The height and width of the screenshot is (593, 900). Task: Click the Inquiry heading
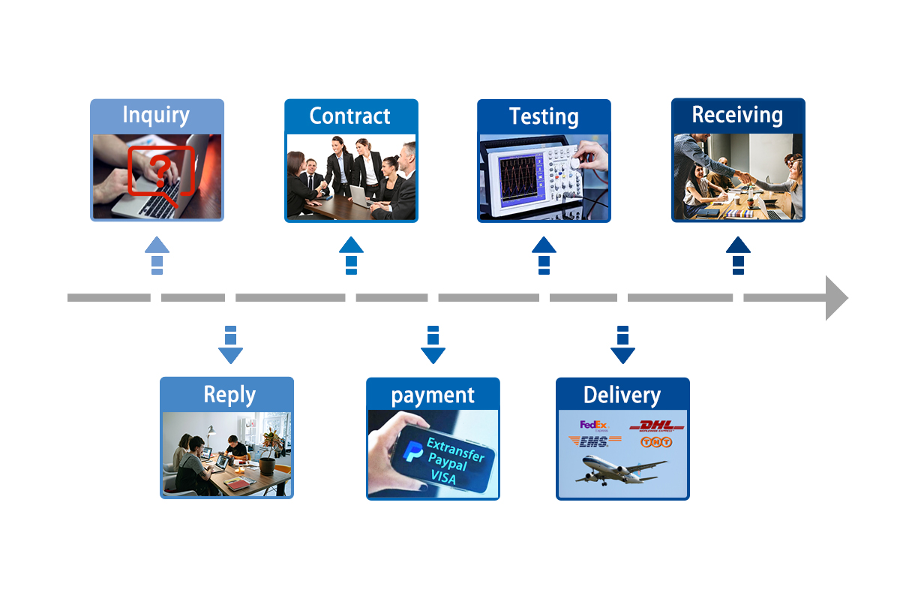pyautogui.click(x=156, y=115)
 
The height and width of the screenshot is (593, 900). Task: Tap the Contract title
pyautogui.click(x=349, y=116)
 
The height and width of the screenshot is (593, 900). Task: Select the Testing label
pyautogui.click(x=544, y=116)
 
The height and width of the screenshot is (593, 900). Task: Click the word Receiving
pyautogui.click(x=737, y=115)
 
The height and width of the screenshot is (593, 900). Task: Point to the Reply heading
pyautogui.click(x=229, y=395)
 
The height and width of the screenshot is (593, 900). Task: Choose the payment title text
pyautogui.click(x=433, y=395)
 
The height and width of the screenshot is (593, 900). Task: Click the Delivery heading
pyautogui.click(x=622, y=395)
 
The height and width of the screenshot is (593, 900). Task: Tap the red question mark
pyautogui.click(x=158, y=167)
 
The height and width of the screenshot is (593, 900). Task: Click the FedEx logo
pyautogui.click(x=593, y=426)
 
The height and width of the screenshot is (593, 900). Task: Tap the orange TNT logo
pyautogui.click(x=655, y=443)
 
